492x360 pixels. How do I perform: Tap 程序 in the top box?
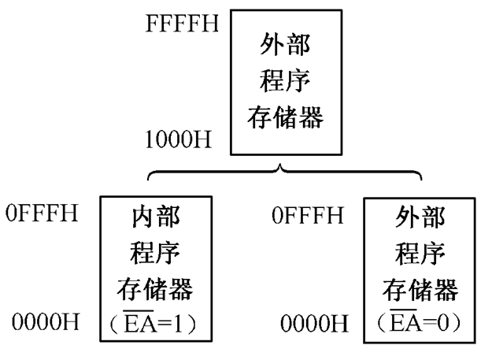coord(285,83)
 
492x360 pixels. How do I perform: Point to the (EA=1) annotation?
coord(154,323)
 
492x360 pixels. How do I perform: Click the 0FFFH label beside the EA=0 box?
coord(307,214)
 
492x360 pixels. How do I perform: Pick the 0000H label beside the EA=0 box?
coord(314,323)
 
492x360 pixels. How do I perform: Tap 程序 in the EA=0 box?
coord(420,254)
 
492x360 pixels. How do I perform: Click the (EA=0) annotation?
coord(420,323)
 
